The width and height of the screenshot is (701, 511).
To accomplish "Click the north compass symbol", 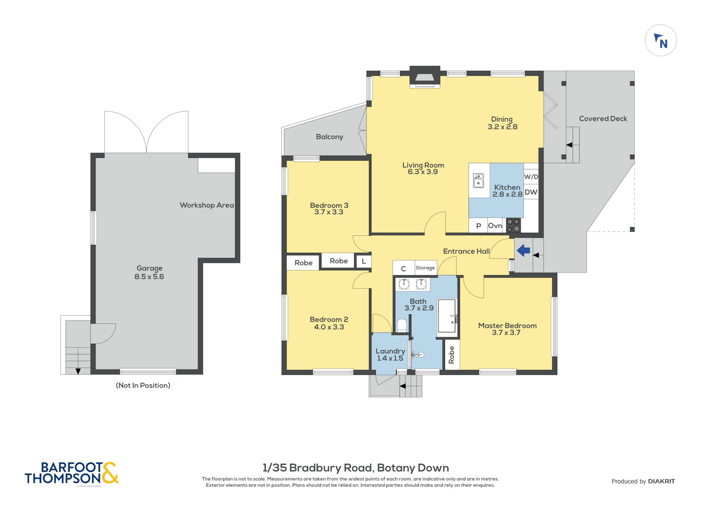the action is pyautogui.click(x=661, y=40).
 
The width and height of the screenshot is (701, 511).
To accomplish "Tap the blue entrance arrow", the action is pyautogui.click(x=523, y=251).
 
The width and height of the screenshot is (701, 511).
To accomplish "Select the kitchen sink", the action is pyautogui.click(x=478, y=181).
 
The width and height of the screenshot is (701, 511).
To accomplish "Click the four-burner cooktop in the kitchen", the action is pyautogui.click(x=513, y=225).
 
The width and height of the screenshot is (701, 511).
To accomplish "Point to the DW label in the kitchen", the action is pyautogui.click(x=531, y=192).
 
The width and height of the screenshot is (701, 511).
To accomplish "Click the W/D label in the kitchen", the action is pyautogui.click(x=531, y=177).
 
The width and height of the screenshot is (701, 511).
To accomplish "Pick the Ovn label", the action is pyautogui.click(x=495, y=226).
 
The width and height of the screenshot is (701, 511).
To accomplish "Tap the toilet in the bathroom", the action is pyautogui.click(x=402, y=326).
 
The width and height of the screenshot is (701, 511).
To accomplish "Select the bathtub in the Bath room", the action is pyautogui.click(x=447, y=316).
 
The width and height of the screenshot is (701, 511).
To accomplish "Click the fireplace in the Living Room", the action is pyautogui.click(x=425, y=77).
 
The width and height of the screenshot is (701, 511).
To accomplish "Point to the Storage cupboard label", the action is pyautogui.click(x=425, y=268).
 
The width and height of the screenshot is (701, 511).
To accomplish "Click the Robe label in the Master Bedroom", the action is pyautogui.click(x=451, y=355).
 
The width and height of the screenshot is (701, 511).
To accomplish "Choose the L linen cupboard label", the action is pyautogui.click(x=364, y=262).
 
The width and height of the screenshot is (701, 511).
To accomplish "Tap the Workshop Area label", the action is pyautogui.click(x=207, y=205).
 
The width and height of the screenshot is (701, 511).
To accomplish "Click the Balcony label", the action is pyautogui.click(x=329, y=137).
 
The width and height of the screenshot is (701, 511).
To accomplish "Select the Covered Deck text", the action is pyautogui.click(x=603, y=119).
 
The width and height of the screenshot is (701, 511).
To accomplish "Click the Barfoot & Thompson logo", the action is pyautogui.click(x=72, y=473).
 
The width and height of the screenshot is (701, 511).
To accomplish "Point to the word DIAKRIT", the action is pyautogui.click(x=661, y=481).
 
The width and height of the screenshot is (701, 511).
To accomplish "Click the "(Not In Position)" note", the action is pyautogui.click(x=143, y=385).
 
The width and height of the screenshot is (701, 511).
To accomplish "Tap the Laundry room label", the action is pyautogui.click(x=390, y=354).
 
